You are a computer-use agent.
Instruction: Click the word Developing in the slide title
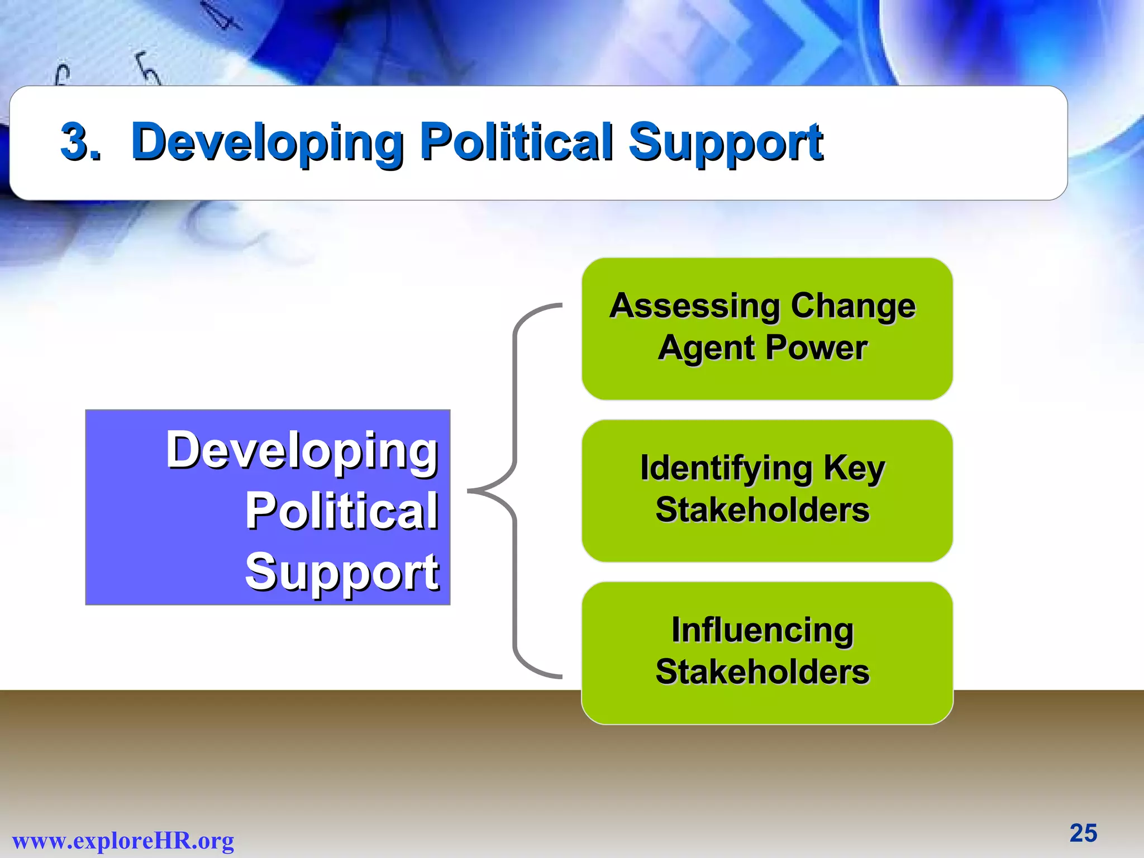click(x=267, y=142)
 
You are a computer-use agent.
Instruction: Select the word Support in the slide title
click(x=725, y=142)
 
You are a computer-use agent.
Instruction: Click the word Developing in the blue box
click(x=302, y=451)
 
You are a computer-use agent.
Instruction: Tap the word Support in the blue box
click(x=342, y=572)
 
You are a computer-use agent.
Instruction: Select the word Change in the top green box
click(x=853, y=307)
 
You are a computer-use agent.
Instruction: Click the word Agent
click(x=706, y=349)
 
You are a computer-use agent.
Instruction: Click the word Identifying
click(x=726, y=468)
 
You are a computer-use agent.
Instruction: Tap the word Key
click(x=854, y=468)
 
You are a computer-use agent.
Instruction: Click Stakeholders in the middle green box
click(x=762, y=510)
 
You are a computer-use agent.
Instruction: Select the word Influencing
click(x=762, y=630)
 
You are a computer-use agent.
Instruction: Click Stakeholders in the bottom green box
click(x=762, y=672)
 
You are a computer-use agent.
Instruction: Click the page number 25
click(x=1083, y=833)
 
